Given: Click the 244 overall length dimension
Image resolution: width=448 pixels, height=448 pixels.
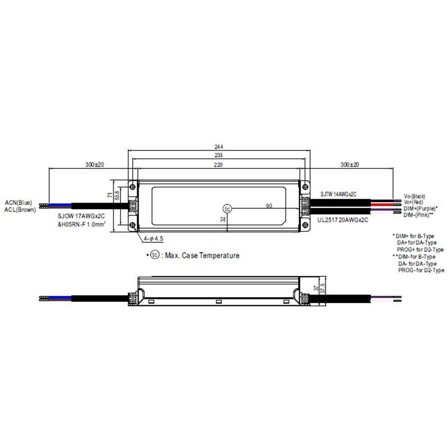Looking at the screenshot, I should (219, 147).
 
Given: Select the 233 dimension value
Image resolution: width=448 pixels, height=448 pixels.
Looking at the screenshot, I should (219, 155).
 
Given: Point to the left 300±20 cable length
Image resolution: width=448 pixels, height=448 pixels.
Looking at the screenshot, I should (94, 165).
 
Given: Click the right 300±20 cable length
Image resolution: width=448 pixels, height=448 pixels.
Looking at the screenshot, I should (349, 165).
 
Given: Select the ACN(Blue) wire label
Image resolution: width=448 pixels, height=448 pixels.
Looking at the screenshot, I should (19, 203).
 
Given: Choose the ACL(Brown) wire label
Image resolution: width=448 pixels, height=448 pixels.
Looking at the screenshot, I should (20, 210).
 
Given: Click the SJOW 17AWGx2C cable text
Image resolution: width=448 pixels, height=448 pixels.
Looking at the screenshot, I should (81, 216).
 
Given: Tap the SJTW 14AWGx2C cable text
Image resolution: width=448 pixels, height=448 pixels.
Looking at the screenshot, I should (338, 194).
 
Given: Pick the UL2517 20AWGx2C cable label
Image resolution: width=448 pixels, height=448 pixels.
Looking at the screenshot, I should (343, 220).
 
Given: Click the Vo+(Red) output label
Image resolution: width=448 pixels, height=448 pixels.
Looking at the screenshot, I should (413, 202).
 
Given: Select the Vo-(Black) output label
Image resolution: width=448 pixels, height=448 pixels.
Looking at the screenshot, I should (414, 196).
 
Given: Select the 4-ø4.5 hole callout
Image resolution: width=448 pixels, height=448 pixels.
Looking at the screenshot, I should (153, 239).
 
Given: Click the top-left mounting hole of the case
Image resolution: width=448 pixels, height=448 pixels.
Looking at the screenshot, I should (132, 186).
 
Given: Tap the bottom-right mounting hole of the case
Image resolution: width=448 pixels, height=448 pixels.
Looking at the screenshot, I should (305, 225).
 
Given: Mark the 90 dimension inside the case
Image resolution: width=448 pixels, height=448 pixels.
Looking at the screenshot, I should (269, 206).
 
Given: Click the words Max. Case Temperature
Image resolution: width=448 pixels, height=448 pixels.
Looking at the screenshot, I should (202, 255).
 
